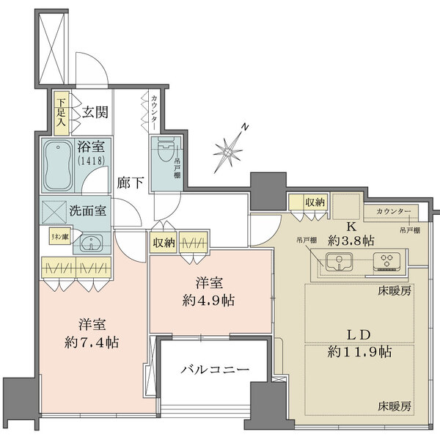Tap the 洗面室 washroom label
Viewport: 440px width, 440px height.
click(x=88, y=210)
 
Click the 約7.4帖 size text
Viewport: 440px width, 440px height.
click(x=92, y=342)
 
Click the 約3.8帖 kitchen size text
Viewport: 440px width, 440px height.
click(x=351, y=239)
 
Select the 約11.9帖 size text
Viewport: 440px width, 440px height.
click(x=359, y=351)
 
